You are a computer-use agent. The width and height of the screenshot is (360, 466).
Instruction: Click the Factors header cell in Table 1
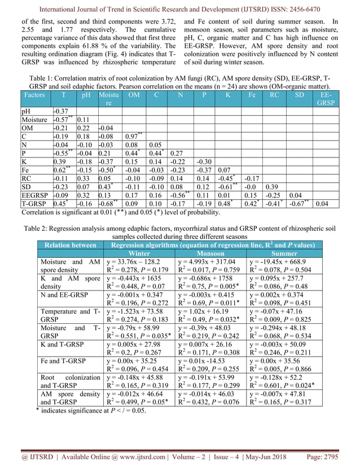coord(35,95)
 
